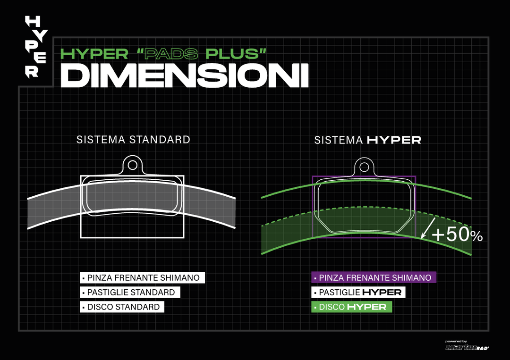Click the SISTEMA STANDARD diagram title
(x=133, y=140)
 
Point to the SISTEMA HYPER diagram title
(x=368, y=140)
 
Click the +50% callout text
(x=457, y=234)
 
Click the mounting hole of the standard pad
(x=133, y=165)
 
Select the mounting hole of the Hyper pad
(x=364, y=166)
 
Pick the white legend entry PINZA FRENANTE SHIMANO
(x=142, y=278)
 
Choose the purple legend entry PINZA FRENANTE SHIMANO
(x=374, y=278)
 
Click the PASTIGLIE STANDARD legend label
(x=130, y=293)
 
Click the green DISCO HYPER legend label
(x=352, y=307)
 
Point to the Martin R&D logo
(x=467, y=348)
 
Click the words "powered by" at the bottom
(x=456, y=341)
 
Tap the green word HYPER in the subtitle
(x=95, y=53)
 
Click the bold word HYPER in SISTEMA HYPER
(x=394, y=140)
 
